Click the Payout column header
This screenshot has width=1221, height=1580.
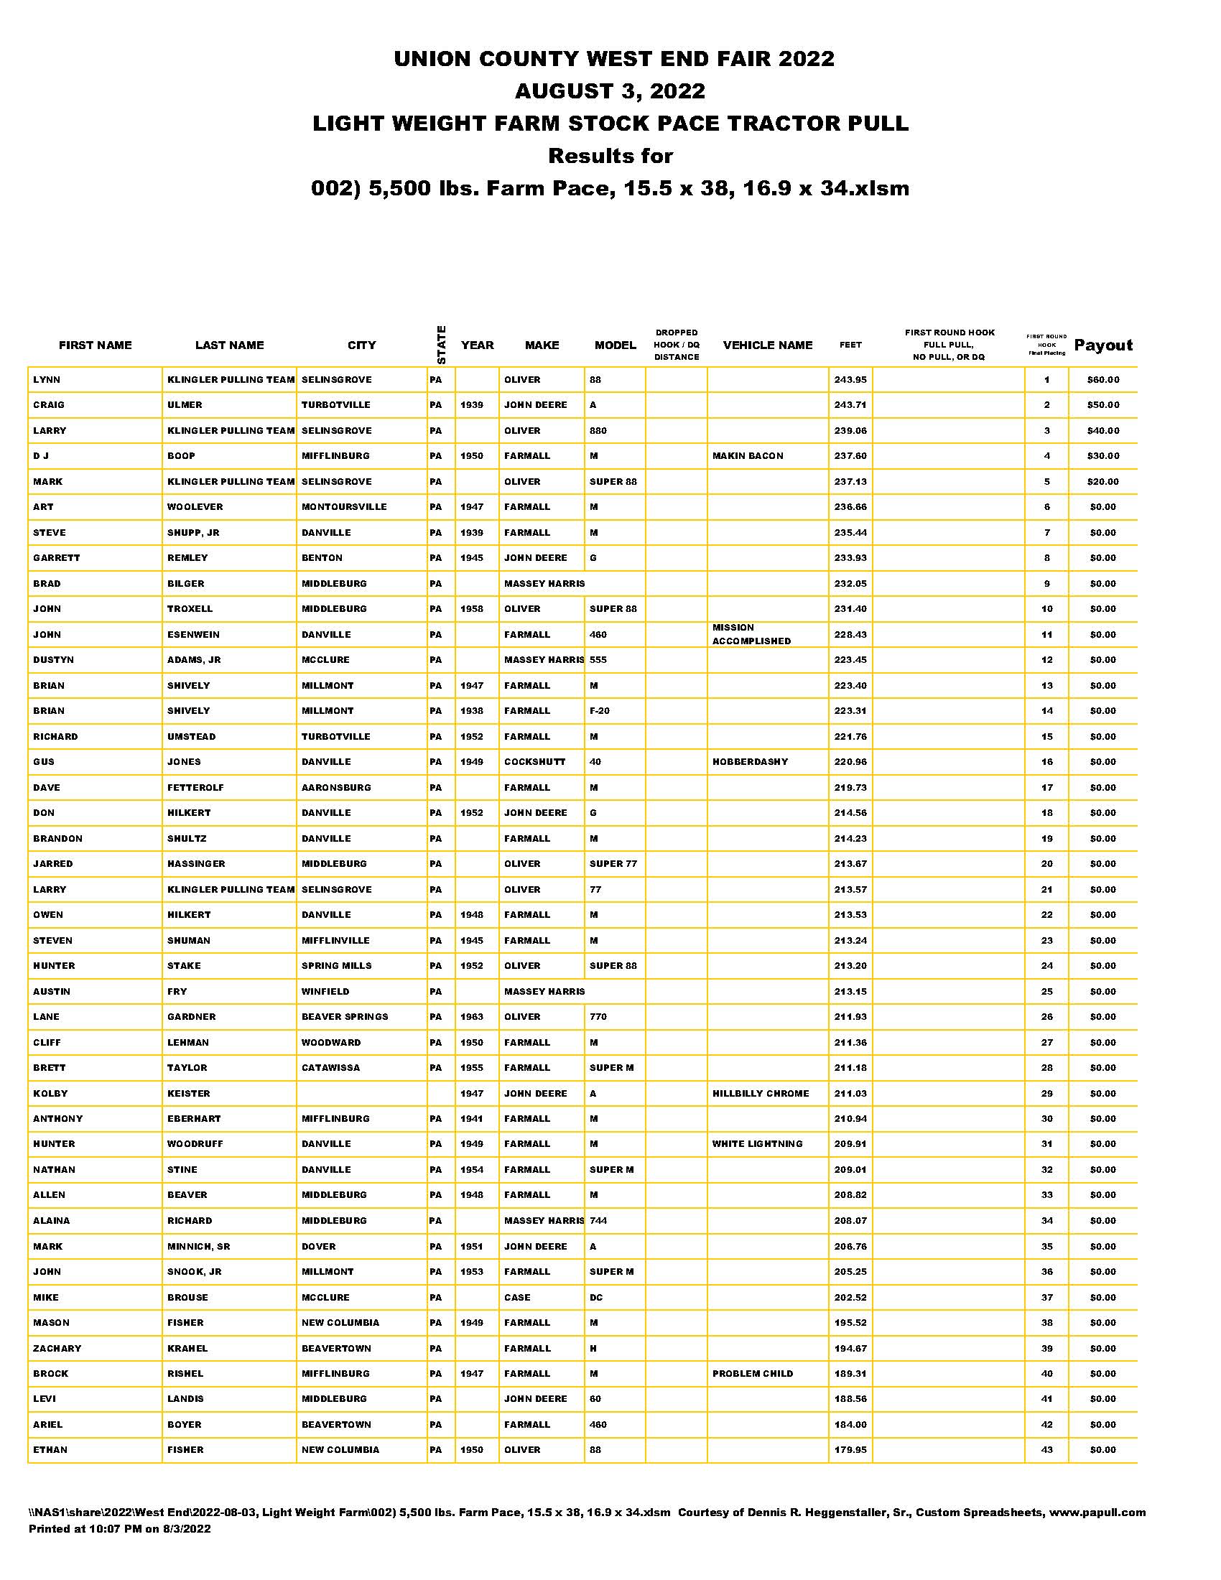click(1102, 345)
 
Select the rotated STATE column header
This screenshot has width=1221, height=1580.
click(441, 345)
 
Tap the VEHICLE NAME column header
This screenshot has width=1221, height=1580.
click(768, 345)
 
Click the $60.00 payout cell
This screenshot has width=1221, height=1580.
click(1102, 380)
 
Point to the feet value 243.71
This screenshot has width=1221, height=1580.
click(850, 405)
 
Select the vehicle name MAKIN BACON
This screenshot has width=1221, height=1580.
click(747, 456)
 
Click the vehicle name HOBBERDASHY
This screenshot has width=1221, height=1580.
click(749, 762)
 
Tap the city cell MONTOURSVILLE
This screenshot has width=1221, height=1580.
click(343, 507)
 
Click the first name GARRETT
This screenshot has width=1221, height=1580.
click(57, 558)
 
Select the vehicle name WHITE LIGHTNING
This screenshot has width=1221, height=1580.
click(756, 1144)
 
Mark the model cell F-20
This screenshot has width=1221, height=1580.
click(599, 711)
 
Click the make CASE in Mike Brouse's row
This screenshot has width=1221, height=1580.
click(517, 1297)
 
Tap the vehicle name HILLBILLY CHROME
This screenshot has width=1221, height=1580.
click(760, 1093)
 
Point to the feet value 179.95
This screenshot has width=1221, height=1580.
click(850, 1450)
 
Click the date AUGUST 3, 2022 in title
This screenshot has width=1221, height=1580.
click(610, 91)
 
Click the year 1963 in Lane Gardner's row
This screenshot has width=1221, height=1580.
click(472, 1016)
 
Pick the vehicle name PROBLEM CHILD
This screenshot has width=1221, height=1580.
click(752, 1373)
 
